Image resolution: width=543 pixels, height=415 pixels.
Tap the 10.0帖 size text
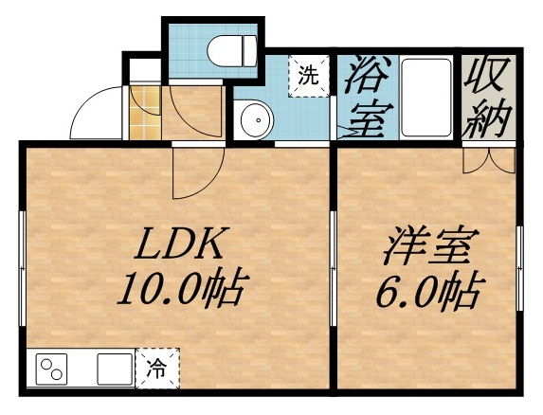click(179, 288)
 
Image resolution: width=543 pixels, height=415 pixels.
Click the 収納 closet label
click(488, 96)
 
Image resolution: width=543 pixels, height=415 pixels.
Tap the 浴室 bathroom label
click(362, 98)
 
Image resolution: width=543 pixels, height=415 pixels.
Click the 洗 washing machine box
click(308, 77)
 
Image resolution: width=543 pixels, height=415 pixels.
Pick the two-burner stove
click(52, 368)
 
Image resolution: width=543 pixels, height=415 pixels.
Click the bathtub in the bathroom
click(426, 96)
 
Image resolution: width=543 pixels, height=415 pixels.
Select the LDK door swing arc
click(192, 169)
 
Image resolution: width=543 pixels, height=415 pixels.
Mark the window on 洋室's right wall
click(520, 265)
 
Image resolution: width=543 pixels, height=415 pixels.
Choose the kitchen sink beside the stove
click(113, 369)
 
